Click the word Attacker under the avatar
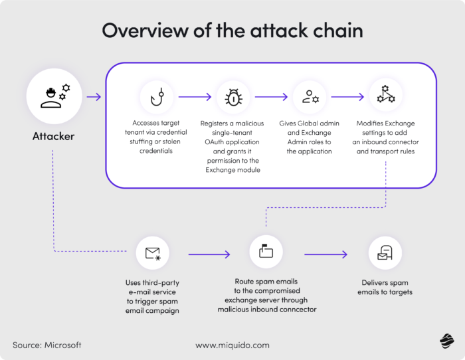pyautogui.click(x=53, y=137)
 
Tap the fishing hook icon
pyautogui.click(x=157, y=97)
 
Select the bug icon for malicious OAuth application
pyautogui.click(x=233, y=97)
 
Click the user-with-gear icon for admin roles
pyautogui.click(x=310, y=97)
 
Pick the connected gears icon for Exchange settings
pyautogui.click(x=386, y=97)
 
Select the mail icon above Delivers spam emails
pyautogui.click(x=385, y=253)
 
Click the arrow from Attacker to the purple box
pyautogui.click(x=94, y=97)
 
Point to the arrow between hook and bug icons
pyautogui.click(x=195, y=97)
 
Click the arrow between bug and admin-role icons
pyautogui.click(x=271, y=97)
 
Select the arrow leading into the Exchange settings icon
pyautogui.click(x=347, y=97)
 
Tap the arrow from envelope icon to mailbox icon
pyautogui.click(x=209, y=254)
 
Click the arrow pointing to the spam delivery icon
pyautogui.click(x=326, y=254)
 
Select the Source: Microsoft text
pyautogui.click(x=46, y=345)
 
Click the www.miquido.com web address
pyautogui.click(x=232, y=345)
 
